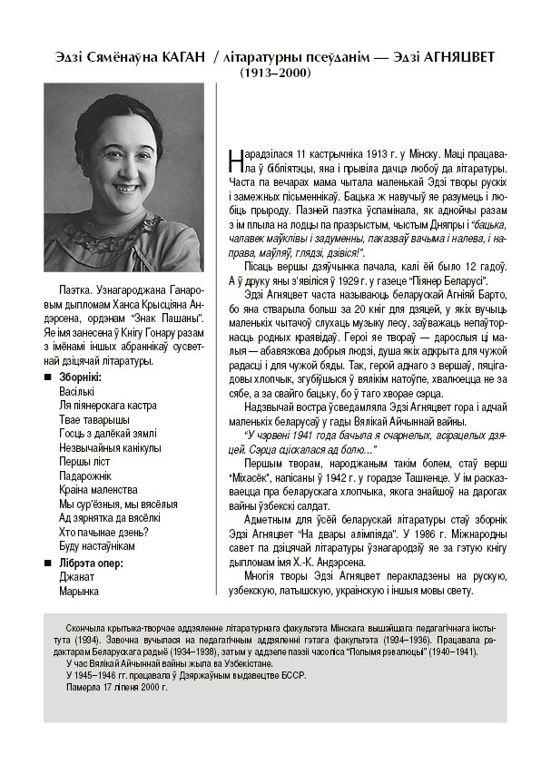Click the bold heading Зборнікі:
pyautogui.click(x=80, y=377)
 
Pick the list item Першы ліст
pyautogui.click(x=84, y=462)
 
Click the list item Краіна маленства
pyautogui.click(x=98, y=490)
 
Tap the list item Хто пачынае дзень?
pyautogui.click(x=101, y=532)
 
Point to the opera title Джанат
pyautogui.click(x=75, y=577)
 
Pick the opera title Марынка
pyautogui.click(x=78, y=592)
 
